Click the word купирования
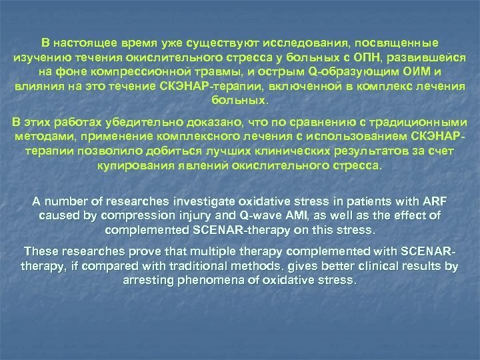(136, 165)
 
